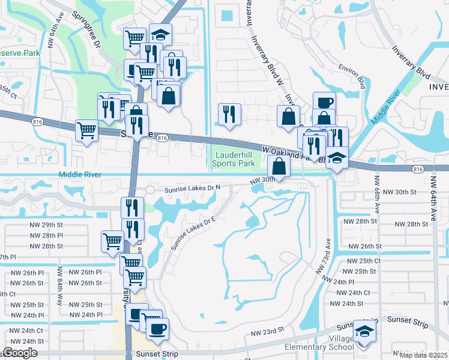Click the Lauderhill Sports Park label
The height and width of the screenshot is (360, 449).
234,159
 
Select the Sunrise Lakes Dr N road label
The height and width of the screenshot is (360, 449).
193,187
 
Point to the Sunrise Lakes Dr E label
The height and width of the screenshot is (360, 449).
193,232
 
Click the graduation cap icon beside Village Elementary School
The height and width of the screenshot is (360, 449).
363,333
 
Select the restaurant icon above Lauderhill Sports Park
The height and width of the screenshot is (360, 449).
229,114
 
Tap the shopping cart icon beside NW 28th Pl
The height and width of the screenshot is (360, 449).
112,242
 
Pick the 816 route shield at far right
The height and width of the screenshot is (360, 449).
417,170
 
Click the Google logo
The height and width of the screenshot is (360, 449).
20,353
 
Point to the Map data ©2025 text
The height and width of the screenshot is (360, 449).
426,355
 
